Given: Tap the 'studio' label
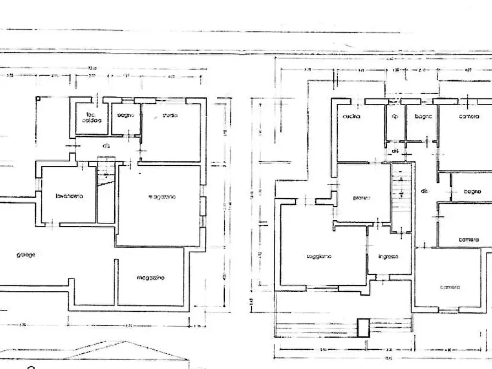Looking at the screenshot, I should [170, 116].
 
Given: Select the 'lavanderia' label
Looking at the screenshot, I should [69, 197].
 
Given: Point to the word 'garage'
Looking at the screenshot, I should [26, 255].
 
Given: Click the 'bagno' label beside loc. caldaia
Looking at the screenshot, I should [126, 116].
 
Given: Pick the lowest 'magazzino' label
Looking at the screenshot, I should [152, 278].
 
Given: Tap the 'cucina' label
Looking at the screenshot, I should [351, 117].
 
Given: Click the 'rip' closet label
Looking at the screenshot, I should [394, 117].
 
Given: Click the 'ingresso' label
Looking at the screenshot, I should [388, 257].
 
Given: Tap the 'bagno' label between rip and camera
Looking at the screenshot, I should [423, 117].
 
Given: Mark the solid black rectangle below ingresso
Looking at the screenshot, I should [363, 328].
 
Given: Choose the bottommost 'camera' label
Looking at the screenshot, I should [450, 287].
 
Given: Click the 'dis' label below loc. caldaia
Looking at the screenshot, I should [106, 146].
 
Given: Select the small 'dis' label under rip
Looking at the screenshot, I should [394, 150].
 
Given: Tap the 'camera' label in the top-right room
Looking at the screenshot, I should [468, 117].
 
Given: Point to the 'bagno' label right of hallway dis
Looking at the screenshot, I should [472, 192].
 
